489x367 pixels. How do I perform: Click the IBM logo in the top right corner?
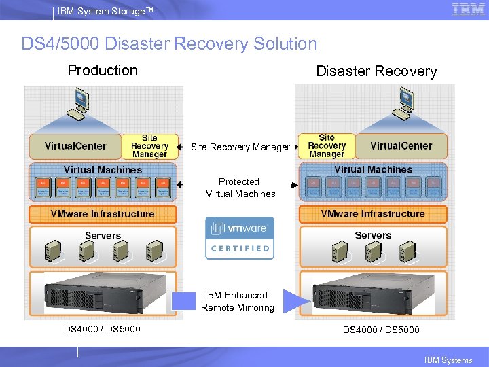[x=469, y=10]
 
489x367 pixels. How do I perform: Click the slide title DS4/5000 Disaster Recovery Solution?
[x=169, y=44]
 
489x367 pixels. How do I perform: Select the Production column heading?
[x=103, y=71]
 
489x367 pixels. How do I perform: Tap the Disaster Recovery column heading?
[x=376, y=71]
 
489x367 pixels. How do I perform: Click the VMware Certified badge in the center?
[x=240, y=238]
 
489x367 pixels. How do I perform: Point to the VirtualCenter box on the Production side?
[x=75, y=145]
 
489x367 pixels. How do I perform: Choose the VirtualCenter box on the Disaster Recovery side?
[x=401, y=145]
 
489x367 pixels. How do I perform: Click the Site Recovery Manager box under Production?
[x=149, y=146]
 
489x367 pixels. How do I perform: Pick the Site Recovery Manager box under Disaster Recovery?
[x=327, y=146]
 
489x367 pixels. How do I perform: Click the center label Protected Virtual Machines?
[x=240, y=188]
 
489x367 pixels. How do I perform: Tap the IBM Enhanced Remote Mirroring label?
[x=237, y=301]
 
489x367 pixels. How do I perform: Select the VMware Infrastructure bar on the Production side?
[x=103, y=214]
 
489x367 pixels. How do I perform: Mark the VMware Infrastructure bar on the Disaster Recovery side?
[x=373, y=214]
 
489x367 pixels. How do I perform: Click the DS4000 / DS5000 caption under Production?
[x=103, y=329]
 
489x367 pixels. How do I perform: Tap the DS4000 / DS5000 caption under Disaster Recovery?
[x=381, y=330]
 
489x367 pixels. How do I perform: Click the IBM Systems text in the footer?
[x=448, y=360]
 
